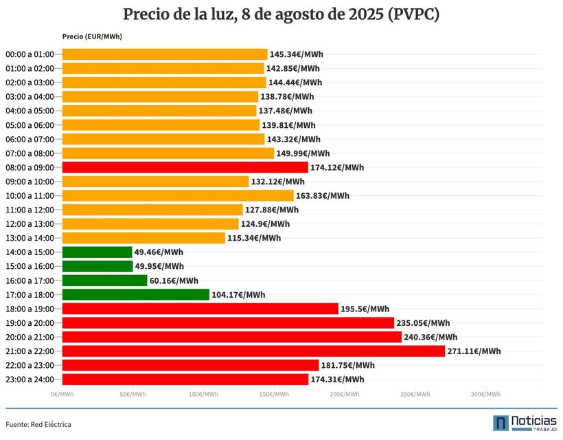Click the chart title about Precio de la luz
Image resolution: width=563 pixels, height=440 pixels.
pyautogui.click(x=281, y=14)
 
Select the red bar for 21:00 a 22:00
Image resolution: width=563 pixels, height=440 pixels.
pyautogui.click(x=253, y=351)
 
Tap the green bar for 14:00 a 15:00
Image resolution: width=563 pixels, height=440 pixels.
pyautogui.click(x=97, y=252)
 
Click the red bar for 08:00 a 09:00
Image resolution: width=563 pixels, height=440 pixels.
pyautogui.click(x=185, y=167)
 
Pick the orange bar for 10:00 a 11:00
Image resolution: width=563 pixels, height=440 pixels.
pyautogui.click(x=178, y=195)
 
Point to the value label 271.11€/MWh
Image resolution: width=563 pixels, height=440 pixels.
pyautogui.click(x=474, y=351)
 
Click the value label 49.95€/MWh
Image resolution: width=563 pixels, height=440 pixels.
pyautogui.click(x=159, y=266)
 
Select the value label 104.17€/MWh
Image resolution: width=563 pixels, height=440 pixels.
pyautogui.click(x=238, y=295)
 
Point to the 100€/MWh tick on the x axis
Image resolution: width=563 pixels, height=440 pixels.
pyautogui.click(x=203, y=395)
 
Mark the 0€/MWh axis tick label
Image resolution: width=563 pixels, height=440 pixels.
pyautogui.click(x=62, y=395)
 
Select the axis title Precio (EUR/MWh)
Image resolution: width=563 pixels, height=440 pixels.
pyautogui.click(x=92, y=36)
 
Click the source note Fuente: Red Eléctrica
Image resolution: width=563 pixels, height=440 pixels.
pyautogui.click(x=38, y=424)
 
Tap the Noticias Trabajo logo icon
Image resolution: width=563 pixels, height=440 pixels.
pyautogui.click(x=501, y=423)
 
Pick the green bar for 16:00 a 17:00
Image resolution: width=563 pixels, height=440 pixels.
pyautogui.click(x=104, y=280)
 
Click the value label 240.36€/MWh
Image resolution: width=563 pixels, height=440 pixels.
pyautogui.click(x=430, y=337)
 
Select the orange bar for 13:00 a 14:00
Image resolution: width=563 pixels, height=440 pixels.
pyautogui.click(x=143, y=238)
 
